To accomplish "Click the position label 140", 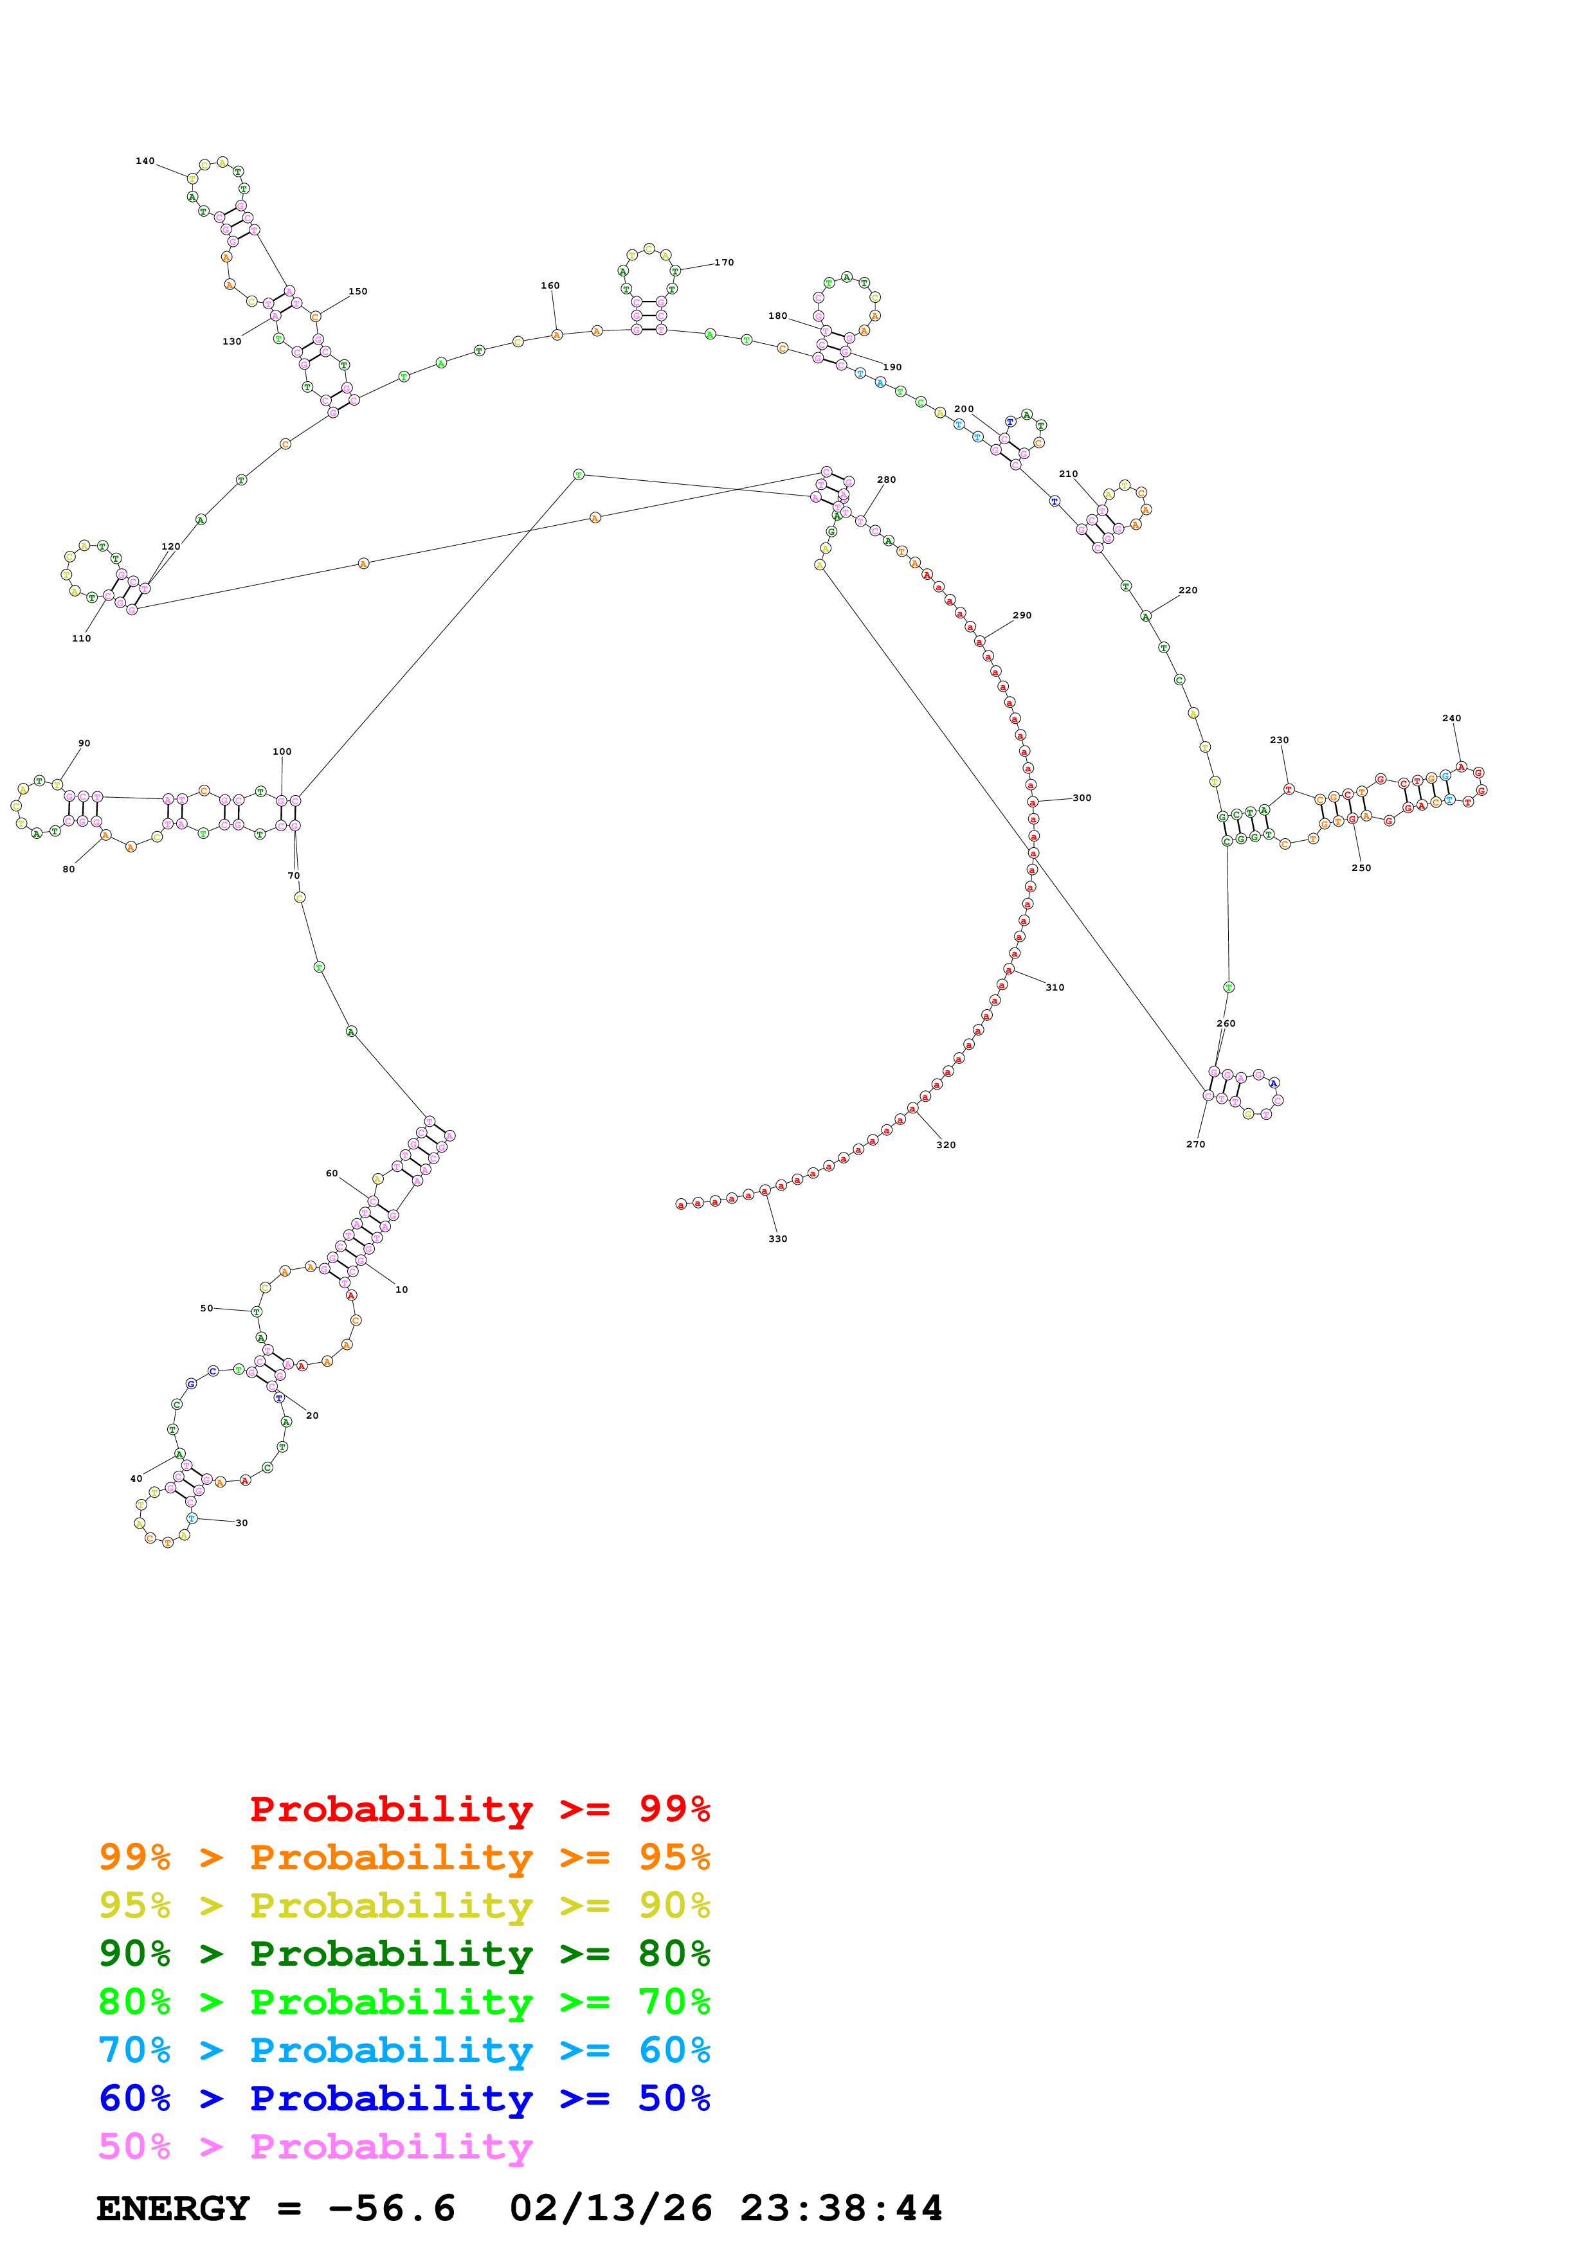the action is [x=145, y=161].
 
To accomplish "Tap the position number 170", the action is [x=724, y=262].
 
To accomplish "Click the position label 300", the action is [x=1082, y=798].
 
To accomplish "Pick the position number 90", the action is [x=84, y=744].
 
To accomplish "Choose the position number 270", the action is [x=1195, y=1144].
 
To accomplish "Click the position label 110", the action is [x=82, y=638].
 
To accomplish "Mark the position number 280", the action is [x=886, y=480].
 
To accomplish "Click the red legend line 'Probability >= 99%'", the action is [x=479, y=1809].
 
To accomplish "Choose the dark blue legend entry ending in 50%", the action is [x=404, y=2098].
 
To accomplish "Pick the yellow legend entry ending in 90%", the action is [x=404, y=1905].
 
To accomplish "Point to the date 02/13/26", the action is [x=610, y=2208].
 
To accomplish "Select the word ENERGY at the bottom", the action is [x=173, y=2208].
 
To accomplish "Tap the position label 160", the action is [x=550, y=286].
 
